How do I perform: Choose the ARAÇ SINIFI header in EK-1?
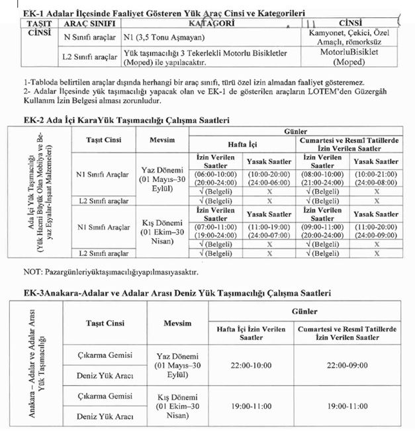[x=87, y=24]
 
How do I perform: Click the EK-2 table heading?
[x=116, y=120]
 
